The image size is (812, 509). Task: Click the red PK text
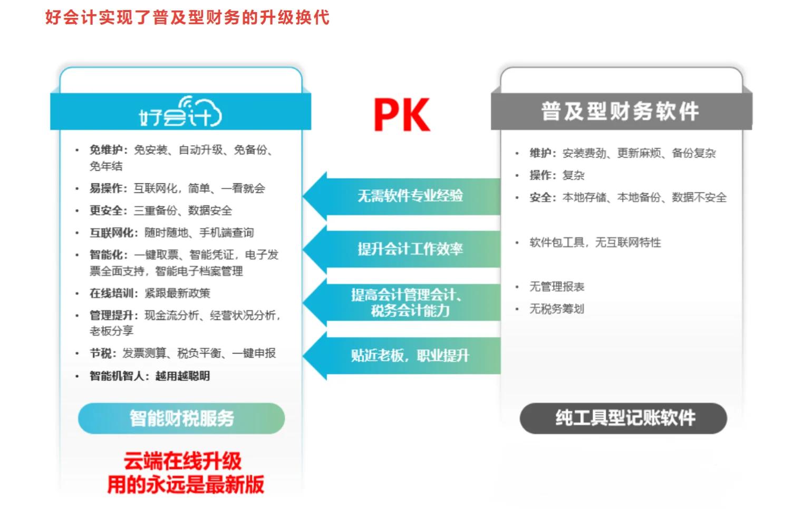[x=402, y=114]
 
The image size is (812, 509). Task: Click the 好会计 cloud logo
[x=180, y=112]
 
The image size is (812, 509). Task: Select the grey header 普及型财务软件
[x=621, y=111]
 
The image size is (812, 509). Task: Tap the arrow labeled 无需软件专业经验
[x=402, y=196]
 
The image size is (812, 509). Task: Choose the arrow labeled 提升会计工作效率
[x=402, y=249]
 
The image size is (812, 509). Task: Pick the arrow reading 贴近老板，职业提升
[x=402, y=356]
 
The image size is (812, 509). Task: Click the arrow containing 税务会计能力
[x=402, y=302]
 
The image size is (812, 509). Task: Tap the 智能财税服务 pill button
[x=181, y=418]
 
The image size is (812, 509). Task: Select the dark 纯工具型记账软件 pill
[x=623, y=418]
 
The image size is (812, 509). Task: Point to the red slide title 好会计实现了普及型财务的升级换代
[x=187, y=17]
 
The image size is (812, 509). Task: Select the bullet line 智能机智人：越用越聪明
[x=150, y=376]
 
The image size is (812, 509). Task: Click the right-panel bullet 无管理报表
[x=557, y=287]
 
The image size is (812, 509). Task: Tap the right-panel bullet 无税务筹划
[x=557, y=309]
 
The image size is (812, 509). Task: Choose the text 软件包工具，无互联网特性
[x=595, y=242]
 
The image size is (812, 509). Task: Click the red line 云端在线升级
[x=182, y=461]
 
